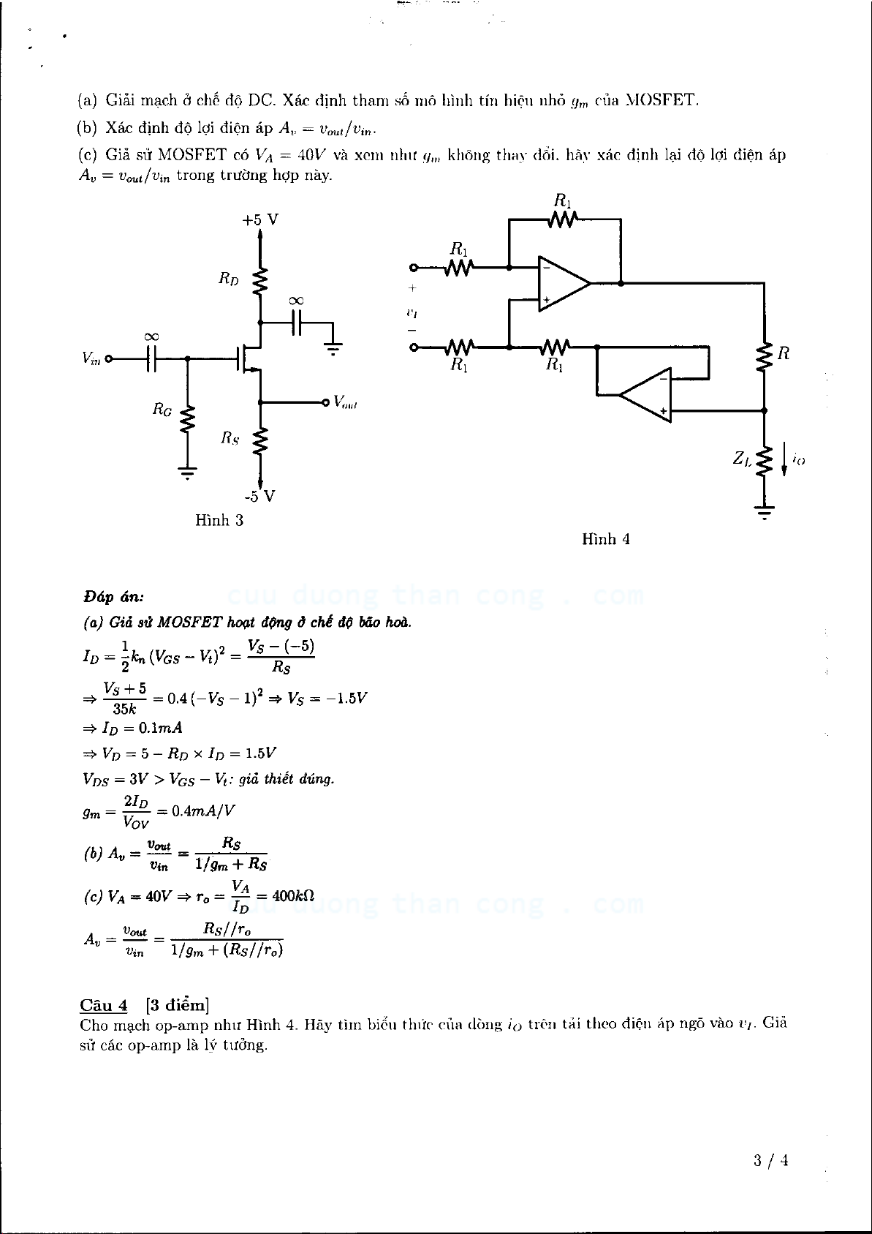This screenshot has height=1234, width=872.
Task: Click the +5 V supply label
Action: coord(260,220)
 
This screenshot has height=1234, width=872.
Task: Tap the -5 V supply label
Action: coord(259,497)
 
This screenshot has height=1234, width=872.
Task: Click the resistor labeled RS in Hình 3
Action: coord(260,441)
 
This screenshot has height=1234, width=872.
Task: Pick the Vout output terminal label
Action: coord(344,402)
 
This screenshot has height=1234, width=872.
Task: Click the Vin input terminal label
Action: coord(92,358)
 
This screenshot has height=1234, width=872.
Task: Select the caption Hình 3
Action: coord(219,520)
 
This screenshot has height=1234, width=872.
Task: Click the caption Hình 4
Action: coord(606,539)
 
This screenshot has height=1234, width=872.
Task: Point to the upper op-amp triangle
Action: coord(561,283)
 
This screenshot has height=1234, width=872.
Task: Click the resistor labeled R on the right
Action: coord(765,358)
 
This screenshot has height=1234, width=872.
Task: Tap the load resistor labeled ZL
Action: coord(765,461)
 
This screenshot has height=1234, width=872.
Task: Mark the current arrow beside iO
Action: coord(784,459)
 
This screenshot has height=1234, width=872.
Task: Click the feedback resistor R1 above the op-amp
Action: coord(563,219)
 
